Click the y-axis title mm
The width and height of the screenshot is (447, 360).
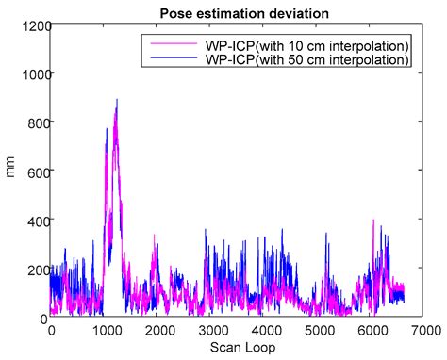(x=10, y=172)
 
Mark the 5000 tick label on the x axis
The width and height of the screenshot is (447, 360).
(x=320, y=331)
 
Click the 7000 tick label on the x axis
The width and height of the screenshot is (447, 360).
(x=427, y=331)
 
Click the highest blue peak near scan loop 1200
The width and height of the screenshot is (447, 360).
(x=117, y=100)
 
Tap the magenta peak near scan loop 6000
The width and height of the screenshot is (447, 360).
(x=373, y=221)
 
